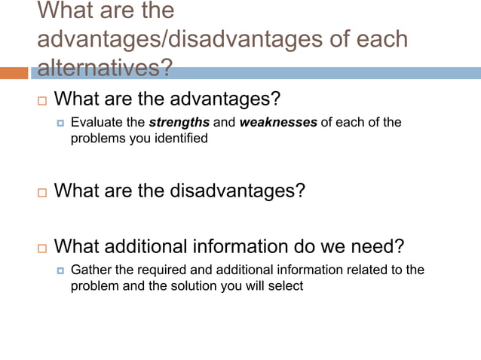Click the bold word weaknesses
click(278, 123)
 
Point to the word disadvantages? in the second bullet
click(242, 191)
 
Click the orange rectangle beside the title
click(14, 73)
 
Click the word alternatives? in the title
click(104, 68)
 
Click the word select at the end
click(285, 286)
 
